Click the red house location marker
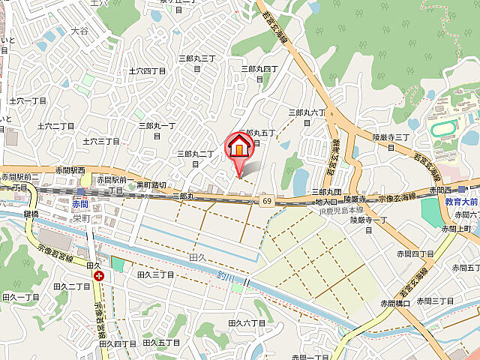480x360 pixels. [239, 145]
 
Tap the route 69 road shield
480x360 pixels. [267, 201]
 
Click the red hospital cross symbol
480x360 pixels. [99, 276]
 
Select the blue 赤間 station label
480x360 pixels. [80, 202]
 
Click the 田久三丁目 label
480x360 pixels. [155, 275]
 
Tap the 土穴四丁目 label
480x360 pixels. [147, 70]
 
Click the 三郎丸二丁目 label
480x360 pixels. [195, 154]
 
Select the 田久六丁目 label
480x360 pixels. [247, 322]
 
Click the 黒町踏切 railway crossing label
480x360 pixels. [151, 184]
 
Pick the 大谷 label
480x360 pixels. [79, 31]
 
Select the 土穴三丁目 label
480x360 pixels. [101, 140]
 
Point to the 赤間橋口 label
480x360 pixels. [394, 303]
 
